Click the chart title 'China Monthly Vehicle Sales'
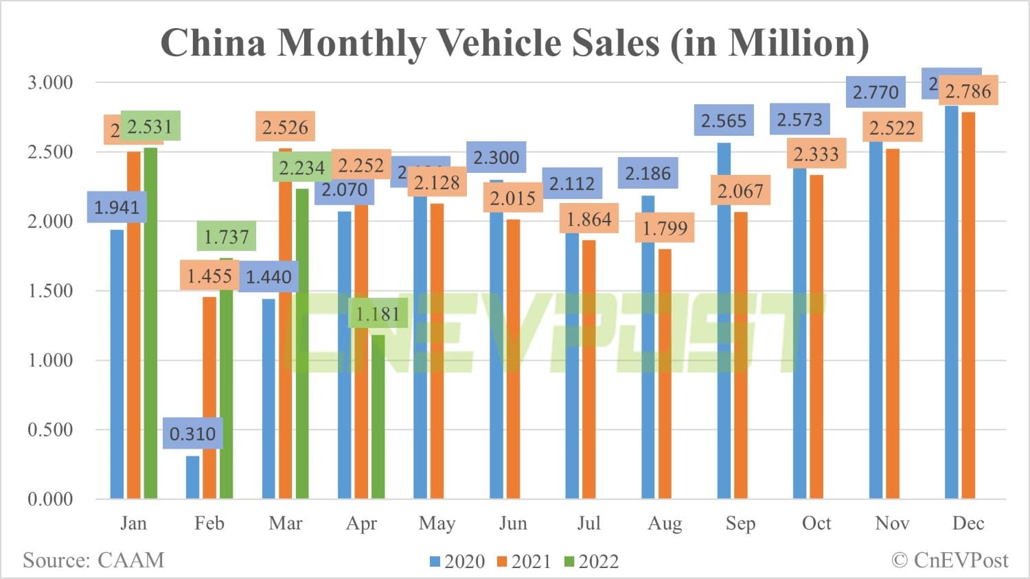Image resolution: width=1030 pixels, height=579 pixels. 514,43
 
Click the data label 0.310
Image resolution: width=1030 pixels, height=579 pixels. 192,434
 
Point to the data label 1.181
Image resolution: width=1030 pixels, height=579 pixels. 378,314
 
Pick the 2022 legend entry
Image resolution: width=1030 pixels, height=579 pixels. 591,562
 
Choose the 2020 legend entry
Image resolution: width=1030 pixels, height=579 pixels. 457,562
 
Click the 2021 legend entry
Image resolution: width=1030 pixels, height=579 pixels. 524,562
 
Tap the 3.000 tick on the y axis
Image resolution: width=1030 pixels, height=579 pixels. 50,83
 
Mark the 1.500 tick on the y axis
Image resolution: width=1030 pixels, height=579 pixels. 50,291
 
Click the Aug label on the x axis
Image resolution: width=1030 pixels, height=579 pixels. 665,523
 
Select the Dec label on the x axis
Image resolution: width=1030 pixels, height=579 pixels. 968,523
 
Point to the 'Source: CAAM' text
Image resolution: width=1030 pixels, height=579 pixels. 93,560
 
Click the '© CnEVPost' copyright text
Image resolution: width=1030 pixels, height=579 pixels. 950,560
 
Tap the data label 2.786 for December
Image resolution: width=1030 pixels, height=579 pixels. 968,91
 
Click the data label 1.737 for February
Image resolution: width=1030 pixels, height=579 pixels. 227,237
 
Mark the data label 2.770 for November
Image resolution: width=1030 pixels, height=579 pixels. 875,92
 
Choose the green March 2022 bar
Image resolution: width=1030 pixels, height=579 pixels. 302,343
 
